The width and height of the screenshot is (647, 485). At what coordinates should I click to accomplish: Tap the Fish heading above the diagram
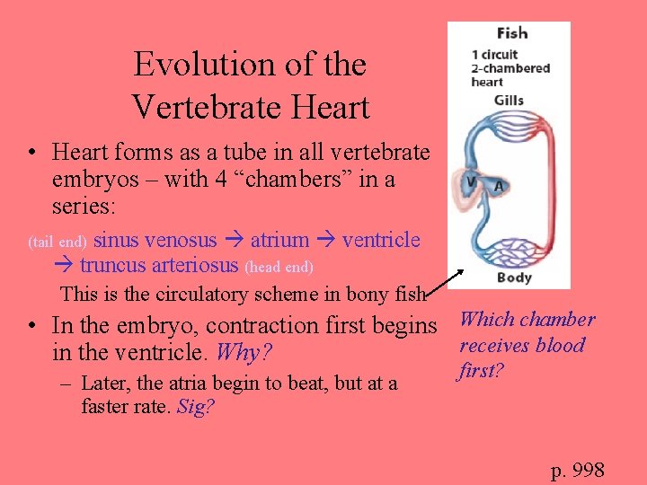pyautogui.click(x=511, y=33)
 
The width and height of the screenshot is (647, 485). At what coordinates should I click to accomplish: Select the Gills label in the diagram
pyautogui.click(x=510, y=100)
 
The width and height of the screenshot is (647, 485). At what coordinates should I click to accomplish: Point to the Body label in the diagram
pyautogui.click(x=514, y=278)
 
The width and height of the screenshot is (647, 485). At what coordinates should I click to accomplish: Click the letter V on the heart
pyautogui.click(x=469, y=182)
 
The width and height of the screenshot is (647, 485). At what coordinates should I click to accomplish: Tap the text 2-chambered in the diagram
pyautogui.click(x=510, y=68)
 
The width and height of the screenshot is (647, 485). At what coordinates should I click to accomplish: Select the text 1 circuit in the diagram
pyautogui.click(x=495, y=54)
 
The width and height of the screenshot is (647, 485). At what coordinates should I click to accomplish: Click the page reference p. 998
pyautogui.click(x=577, y=470)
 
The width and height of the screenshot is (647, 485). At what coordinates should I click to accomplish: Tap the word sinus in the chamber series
pyautogui.click(x=117, y=240)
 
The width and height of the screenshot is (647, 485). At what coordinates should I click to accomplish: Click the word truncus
pyautogui.click(x=114, y=265)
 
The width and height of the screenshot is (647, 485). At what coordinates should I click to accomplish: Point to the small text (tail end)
pyautogui.click(x=58, y=242)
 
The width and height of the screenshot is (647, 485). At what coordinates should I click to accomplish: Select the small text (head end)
pyautogui.click(x=279, y=267)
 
